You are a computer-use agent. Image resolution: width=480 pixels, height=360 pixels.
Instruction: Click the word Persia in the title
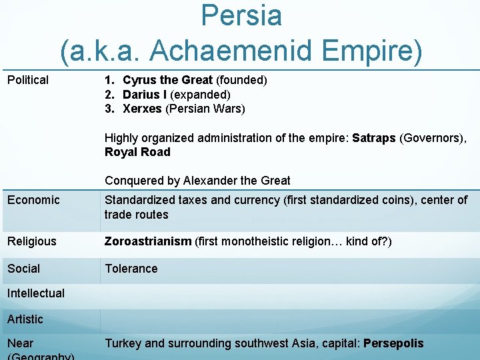[x=241, y=16]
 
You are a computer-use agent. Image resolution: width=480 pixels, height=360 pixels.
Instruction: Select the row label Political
[x=28, y=80]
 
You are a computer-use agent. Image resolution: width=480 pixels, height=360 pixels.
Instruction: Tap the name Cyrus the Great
[x=167, y=80]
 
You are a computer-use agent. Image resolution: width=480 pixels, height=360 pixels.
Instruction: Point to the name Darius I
[x=145, y=95]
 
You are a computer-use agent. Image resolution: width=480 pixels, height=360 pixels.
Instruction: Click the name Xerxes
[x=143, y=109]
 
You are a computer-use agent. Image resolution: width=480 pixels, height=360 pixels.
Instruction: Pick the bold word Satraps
[x=374, y=138]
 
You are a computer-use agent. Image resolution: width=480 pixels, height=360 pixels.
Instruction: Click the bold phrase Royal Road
[x=137, y=152]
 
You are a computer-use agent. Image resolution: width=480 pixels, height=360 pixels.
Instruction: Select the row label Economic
[x=33, y=200]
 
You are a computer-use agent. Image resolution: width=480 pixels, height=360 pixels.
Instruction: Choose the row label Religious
[x=32, y=241]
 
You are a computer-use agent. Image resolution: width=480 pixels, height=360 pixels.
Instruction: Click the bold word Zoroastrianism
[x=148, y=241]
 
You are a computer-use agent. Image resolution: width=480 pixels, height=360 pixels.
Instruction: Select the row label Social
[x=24, y=269]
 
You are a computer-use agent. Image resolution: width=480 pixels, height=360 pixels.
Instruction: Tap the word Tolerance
[x=131, y=269]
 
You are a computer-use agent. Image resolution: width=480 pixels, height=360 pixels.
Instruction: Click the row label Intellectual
[x=36, y=293]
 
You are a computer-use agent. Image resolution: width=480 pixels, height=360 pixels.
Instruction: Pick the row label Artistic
[x=25, y=319]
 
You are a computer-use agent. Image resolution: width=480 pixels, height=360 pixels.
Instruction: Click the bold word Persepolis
[x=393, y=343]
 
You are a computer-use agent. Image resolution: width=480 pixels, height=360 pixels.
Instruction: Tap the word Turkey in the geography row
[x=123, y=343]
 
